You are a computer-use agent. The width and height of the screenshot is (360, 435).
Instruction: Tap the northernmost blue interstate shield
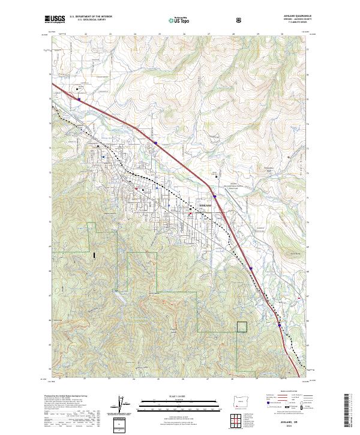pyautogui.click(x=79, y=100)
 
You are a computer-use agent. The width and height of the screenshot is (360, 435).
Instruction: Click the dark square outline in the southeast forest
pyautogui.click(x=242, y=326)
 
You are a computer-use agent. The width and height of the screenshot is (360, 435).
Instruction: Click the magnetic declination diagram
pyautogui.click(x=126, y=407)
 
